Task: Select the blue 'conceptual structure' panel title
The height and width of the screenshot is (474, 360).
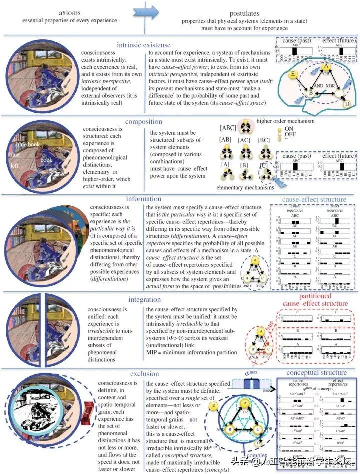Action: click(315, 372)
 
